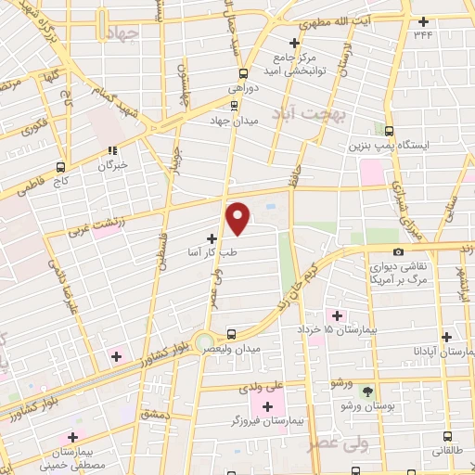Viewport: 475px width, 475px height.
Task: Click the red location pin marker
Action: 238,219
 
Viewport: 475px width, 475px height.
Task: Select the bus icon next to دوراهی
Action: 244,74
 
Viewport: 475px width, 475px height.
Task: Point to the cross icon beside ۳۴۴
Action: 424,21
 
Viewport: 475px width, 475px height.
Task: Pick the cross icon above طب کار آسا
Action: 212,237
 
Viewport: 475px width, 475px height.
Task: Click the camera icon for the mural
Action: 398,251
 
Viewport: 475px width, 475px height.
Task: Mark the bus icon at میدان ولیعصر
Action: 231,334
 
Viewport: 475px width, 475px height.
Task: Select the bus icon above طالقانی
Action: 447,436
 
